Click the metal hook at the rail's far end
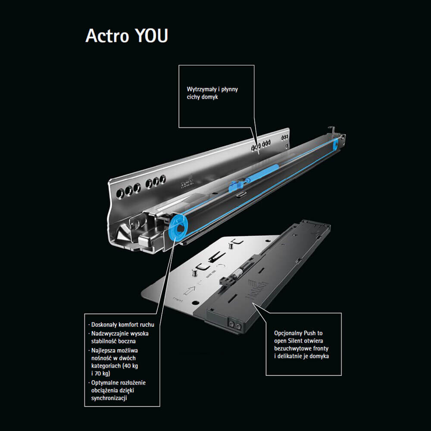[x=332, y=130]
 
